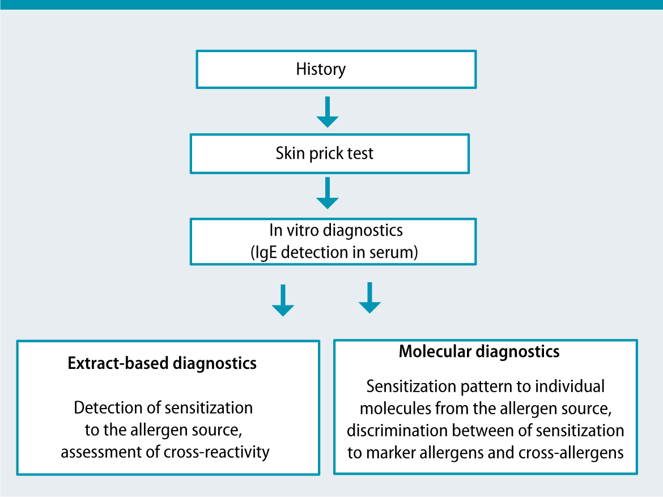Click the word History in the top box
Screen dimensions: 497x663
pos(321,70)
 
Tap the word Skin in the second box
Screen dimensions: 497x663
pos(289,153)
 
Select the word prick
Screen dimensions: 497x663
pos(325,153)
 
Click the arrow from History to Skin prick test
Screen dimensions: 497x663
pos(328,112)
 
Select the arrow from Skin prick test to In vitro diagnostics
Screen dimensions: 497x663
pos(328,193)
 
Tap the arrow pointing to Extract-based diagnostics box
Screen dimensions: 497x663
pos(283,300)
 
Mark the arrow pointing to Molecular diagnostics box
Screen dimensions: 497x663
pos(369,298)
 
